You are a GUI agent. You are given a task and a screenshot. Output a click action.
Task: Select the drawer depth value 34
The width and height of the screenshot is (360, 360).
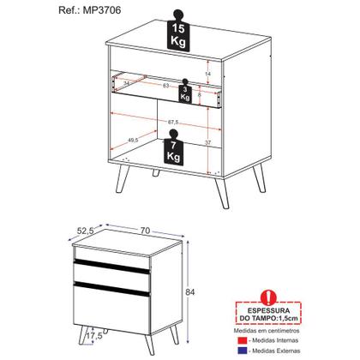pyautogui.click(x=126, y=84)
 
